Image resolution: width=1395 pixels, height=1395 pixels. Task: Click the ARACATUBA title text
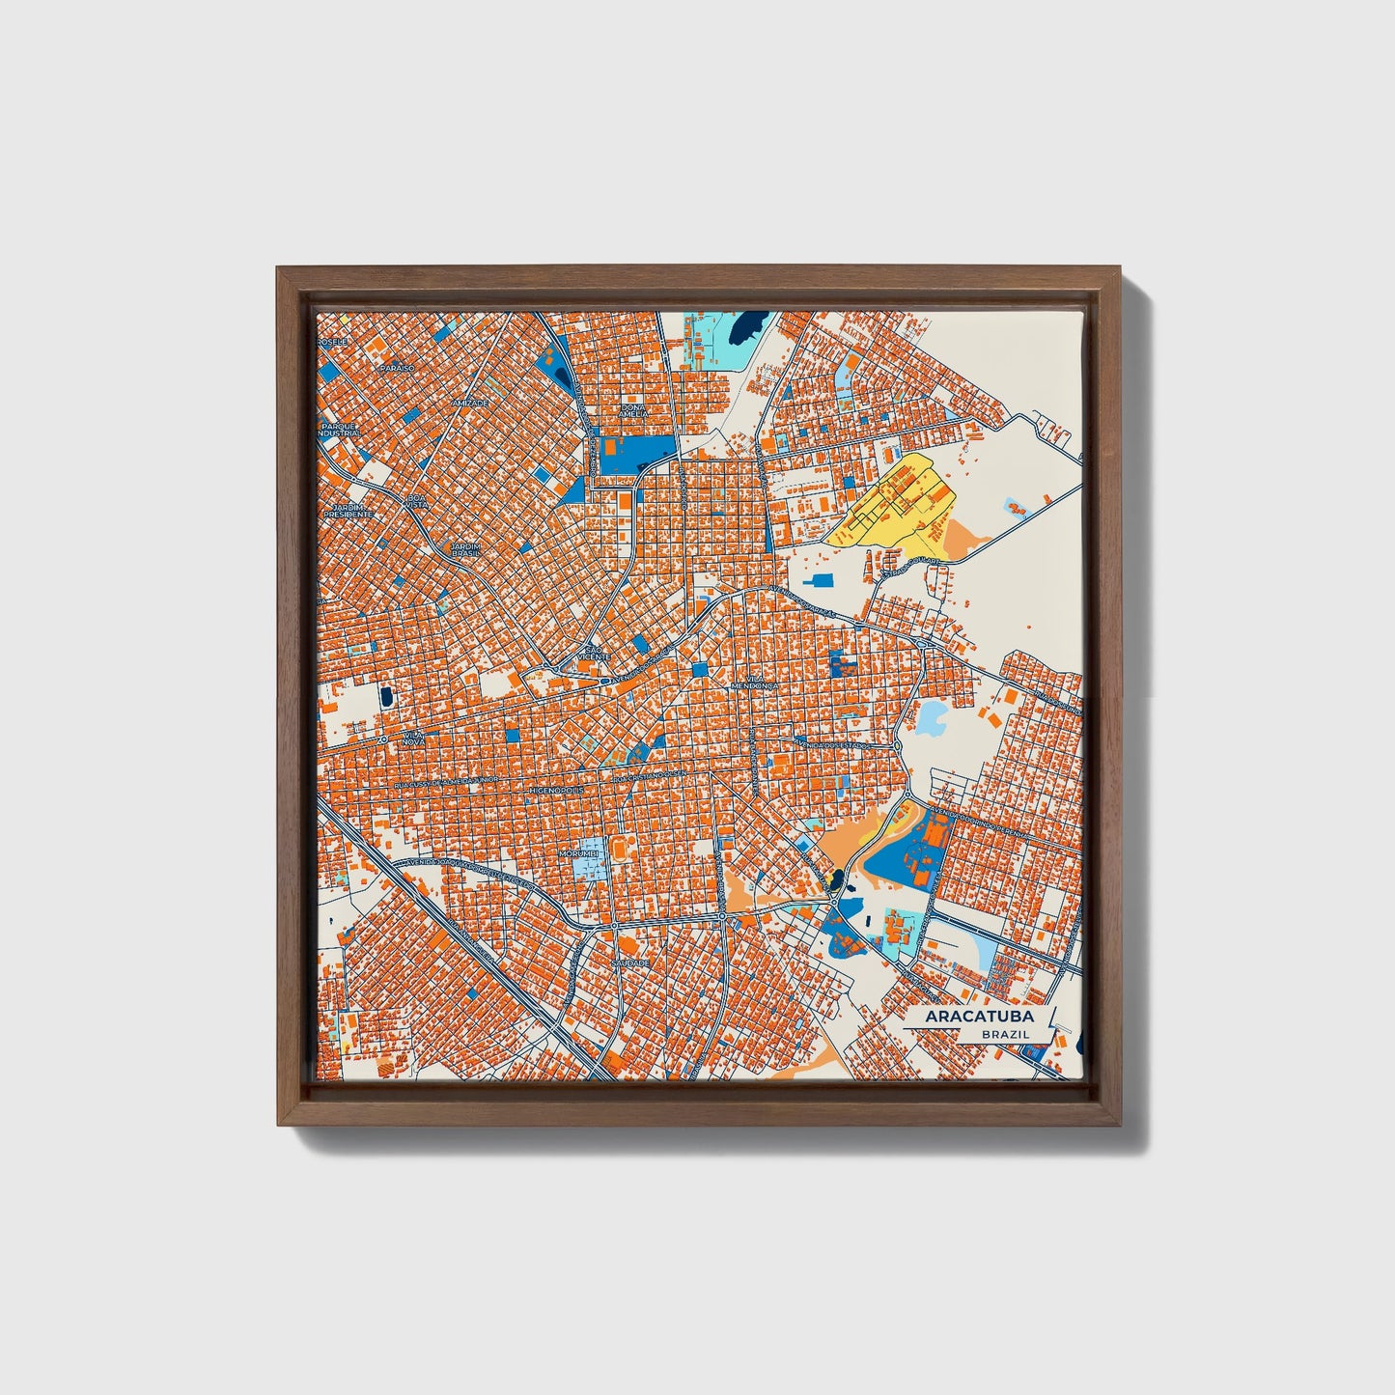[979, 1017]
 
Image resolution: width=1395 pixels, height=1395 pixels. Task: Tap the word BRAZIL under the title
[1004, 1034]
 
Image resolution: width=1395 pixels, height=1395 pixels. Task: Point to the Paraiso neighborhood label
[397, 368]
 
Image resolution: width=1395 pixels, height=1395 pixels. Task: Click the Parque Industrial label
[339, 429]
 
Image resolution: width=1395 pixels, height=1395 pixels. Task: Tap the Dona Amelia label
[634, 410]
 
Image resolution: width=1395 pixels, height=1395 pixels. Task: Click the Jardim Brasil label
[464, 548]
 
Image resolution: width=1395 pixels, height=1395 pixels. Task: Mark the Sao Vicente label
[594, 653]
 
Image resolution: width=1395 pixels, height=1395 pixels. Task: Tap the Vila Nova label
[413, 738]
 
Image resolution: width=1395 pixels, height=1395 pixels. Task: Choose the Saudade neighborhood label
[630, 963]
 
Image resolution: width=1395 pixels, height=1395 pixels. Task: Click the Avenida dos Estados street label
[836, 744]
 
